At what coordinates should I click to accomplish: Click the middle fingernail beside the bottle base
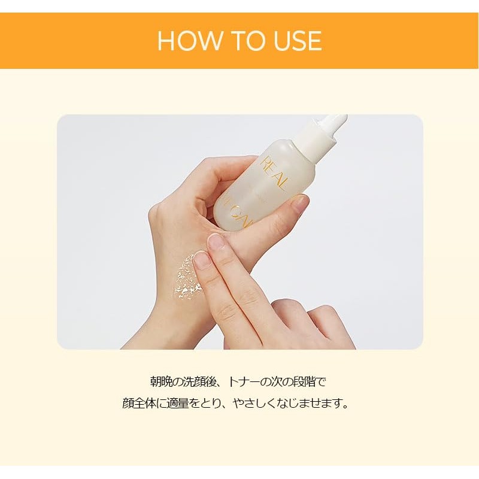click(x=216, y=242)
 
